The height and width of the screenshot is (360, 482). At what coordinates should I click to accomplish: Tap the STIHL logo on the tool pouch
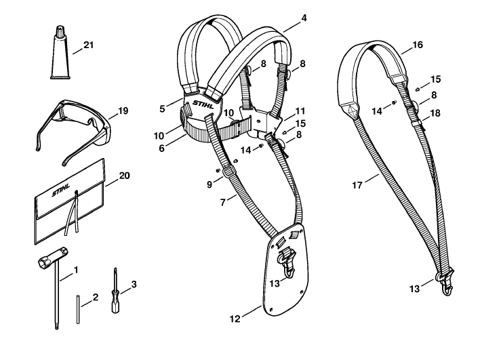click(x=61, y=190)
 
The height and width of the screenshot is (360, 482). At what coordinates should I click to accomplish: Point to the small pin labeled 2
click(x=78, y=309)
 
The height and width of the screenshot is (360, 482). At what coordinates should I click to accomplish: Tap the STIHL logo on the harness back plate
click(x=203, y=104)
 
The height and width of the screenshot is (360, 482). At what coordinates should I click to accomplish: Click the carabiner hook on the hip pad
click(x=287, y=262)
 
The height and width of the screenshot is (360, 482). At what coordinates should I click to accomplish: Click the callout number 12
click(x=235, y=319)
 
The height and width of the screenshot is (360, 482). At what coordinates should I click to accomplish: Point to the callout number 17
click(x=357, y=185)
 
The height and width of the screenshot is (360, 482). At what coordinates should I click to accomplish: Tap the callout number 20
click(x=125, y=176)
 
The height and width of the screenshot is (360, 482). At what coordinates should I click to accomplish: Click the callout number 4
click(x=304, y=18)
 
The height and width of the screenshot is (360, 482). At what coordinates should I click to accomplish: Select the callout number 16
click(x=418, y=45)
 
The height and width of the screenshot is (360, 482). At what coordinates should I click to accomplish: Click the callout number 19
click(x=123, y=111)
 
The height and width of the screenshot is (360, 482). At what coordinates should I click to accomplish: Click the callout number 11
click(x=300, y=111)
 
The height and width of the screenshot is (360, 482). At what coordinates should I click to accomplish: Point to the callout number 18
click(x=435, y=113)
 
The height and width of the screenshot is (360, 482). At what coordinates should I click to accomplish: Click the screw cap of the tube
click(x=60, y=31)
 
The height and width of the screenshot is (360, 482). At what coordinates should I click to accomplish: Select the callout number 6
click(x=162, y=148)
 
